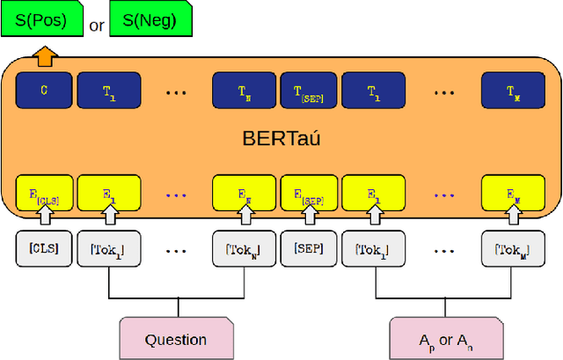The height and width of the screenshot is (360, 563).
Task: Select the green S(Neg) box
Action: click(x=150, y=20)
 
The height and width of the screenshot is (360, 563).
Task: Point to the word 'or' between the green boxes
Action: click(x=97, y=26)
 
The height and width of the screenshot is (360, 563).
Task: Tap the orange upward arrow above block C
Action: click(x=43, y=57)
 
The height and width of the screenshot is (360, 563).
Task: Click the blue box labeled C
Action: click(x=43, y=89)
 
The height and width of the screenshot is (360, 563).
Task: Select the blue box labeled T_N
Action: click(x=243, y=90)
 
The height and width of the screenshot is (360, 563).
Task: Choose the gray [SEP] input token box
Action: click(x=308, y=249)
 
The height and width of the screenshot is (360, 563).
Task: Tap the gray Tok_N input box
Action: click(x=243, y=249)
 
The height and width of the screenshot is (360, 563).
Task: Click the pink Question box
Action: click(x=176, y=339)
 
